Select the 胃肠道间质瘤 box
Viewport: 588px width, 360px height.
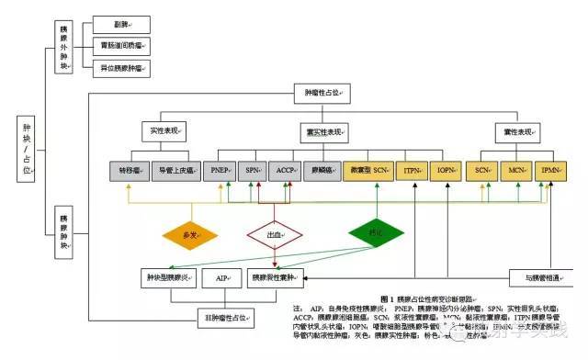point(121,44)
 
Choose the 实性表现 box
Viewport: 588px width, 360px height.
point(164,131)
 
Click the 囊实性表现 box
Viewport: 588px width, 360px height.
point(322,131)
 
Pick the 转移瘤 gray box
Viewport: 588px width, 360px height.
point(129,170)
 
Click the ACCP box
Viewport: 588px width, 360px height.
point(286,170)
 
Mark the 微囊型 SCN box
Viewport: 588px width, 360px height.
point(369,170)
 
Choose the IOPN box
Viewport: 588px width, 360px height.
point(447,170)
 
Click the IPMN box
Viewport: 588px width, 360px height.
point(552,170)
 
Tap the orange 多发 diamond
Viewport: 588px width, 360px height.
point(191,235)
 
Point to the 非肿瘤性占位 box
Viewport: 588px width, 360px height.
point(224,318)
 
